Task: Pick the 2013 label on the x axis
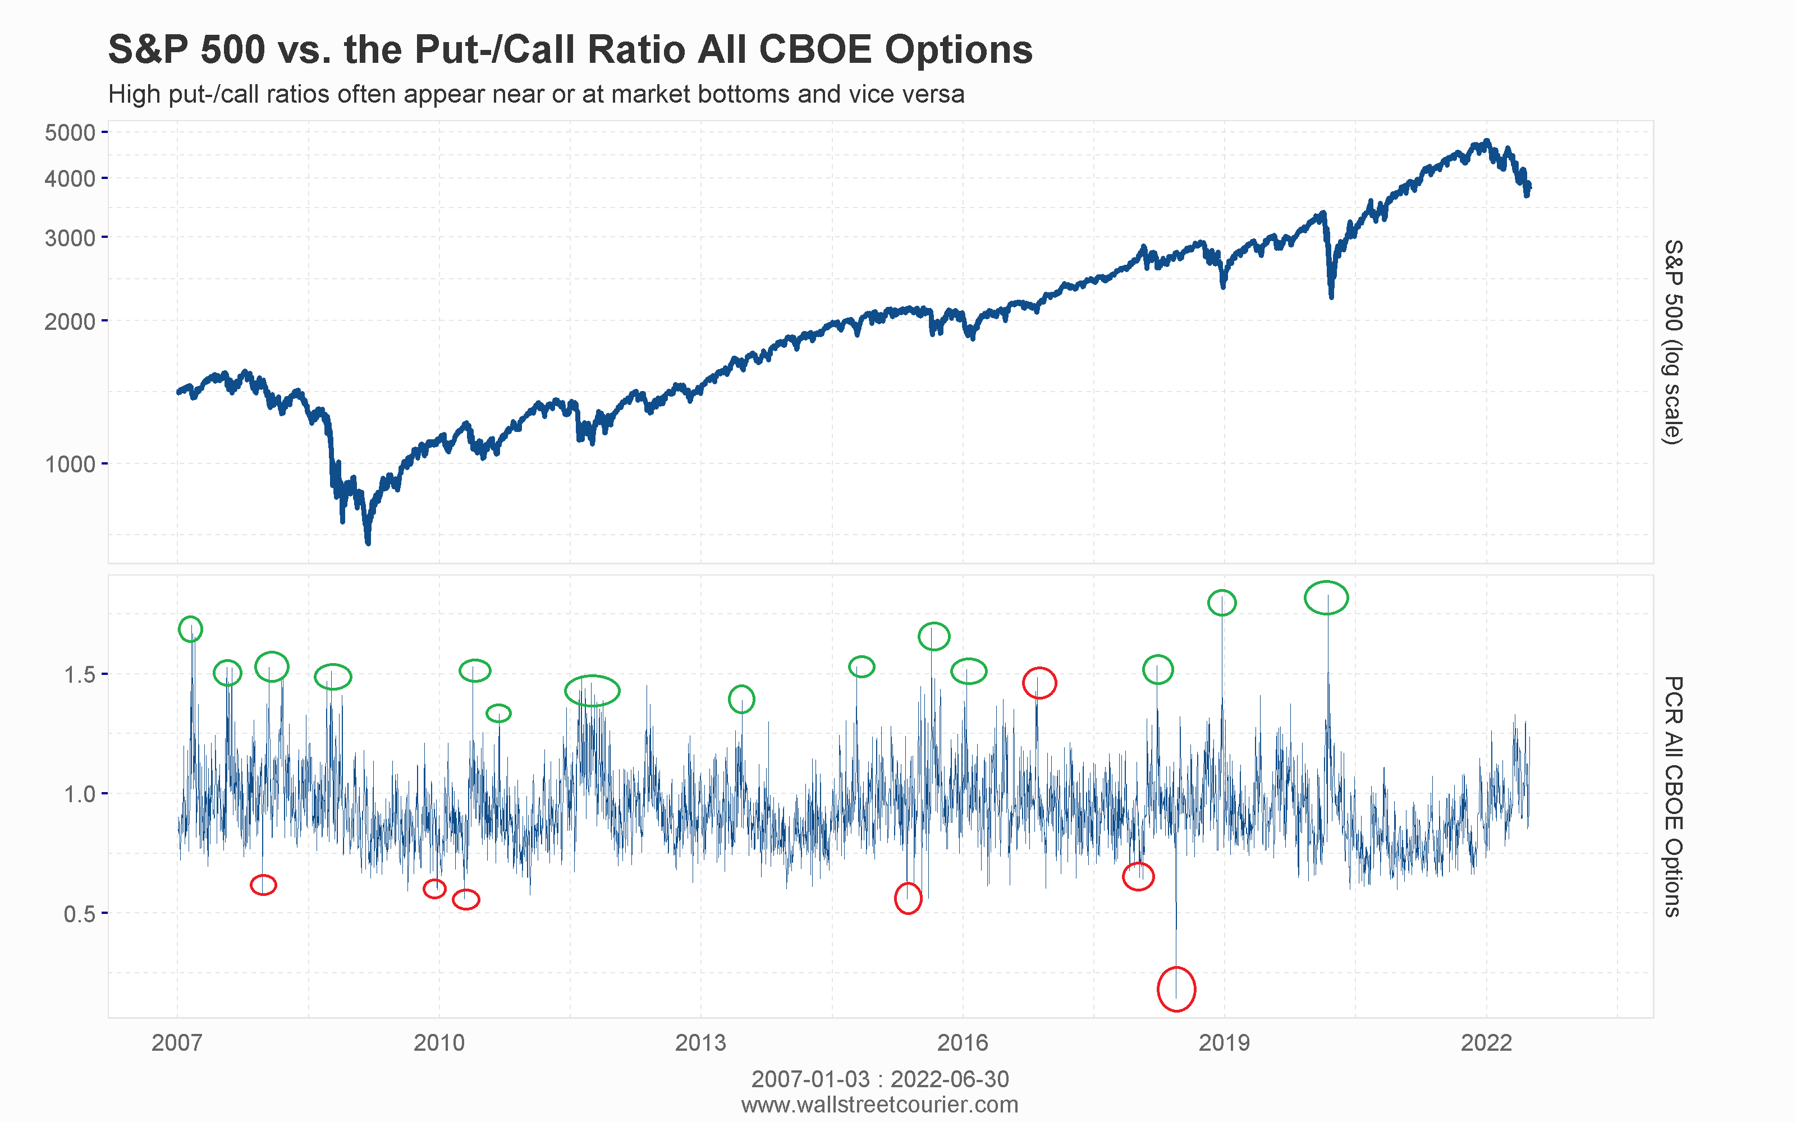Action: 700,1042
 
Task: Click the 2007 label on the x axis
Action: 177,1042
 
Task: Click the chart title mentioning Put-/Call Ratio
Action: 570,50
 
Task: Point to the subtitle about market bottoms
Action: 536,94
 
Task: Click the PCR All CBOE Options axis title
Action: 1672,796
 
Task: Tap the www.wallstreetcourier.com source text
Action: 879,1104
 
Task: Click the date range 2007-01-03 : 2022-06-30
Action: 879,1079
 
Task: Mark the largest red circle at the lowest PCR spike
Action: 1176,989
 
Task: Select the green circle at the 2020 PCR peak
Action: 1326,598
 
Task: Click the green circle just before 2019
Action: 1222,603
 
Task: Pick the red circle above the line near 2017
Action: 1039,683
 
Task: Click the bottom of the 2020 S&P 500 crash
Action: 1331,295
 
